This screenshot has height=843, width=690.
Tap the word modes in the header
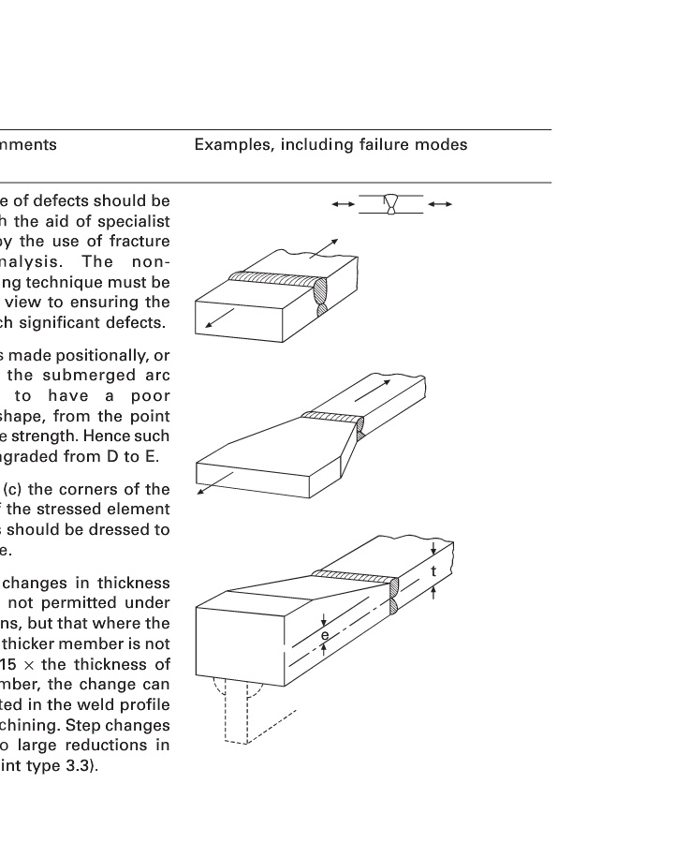tap(445, 145)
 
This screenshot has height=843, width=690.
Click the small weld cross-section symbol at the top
tap(390, 204)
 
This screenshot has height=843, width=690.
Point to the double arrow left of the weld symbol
tap(343, 203)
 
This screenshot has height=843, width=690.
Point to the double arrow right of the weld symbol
tap(440, 203)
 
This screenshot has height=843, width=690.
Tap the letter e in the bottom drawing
tap(324, 635)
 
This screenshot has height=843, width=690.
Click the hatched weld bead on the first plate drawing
tap(276, 277)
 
